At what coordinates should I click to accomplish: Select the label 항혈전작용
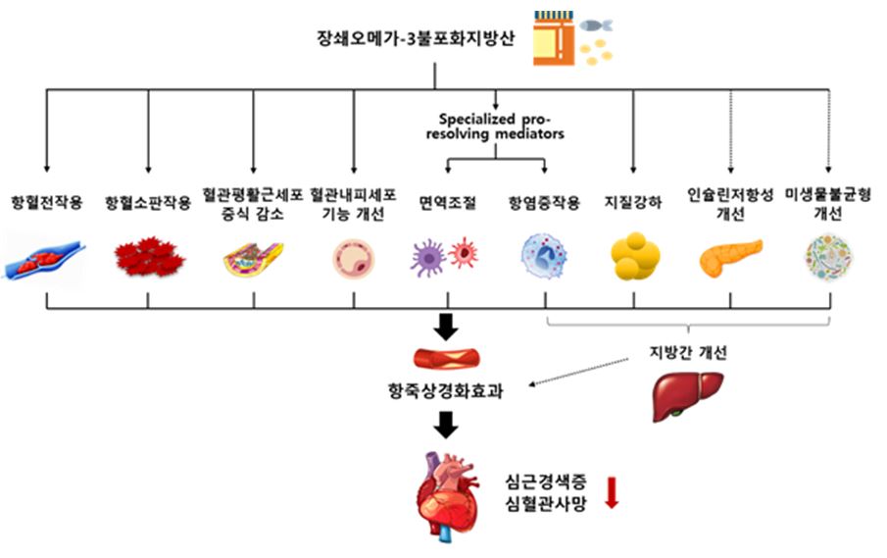click(46, 203)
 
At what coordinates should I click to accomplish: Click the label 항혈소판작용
click(148, 203)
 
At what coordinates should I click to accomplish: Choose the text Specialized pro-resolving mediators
click(502, 126)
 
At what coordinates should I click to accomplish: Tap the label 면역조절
click(448, 203)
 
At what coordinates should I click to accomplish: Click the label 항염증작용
click(545, 203)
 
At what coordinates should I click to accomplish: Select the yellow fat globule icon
click(634, 256)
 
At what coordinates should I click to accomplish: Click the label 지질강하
click(634, 203)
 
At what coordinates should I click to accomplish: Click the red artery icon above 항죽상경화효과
click(447, 358)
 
